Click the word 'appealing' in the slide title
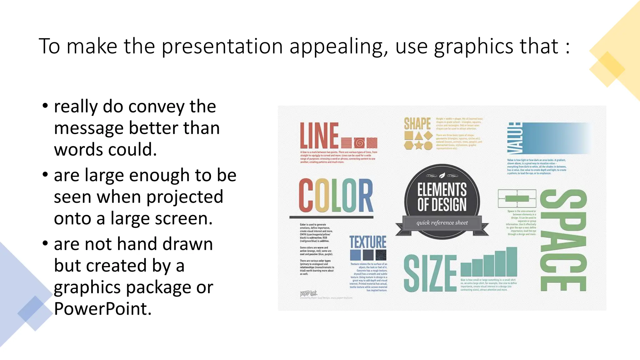click(339, 47)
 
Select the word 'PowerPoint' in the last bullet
click(102, 309)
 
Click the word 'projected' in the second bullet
click(185, 197)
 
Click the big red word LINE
click(319, 136)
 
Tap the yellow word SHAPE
click(417, 124)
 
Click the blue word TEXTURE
click(368, 242)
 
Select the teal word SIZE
click(430, 273)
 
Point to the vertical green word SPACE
click(563, 240)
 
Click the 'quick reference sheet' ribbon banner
click(442, 223)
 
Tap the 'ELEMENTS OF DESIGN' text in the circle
click(442, 197)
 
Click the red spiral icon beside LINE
click(359, 143)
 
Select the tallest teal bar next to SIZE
click(512, 261)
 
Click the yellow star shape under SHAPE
click(418, 145)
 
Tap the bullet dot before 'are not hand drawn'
click(45, 243)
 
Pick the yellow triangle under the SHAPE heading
click(418, 136)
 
